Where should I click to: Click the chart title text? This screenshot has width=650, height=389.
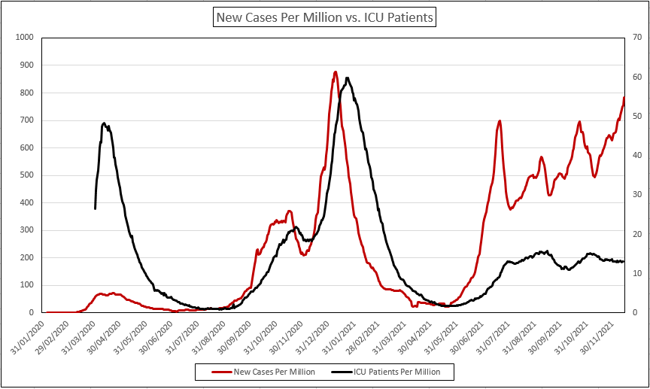[x=324, y=17]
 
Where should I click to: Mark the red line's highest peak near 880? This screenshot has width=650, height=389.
[x=336, y=72]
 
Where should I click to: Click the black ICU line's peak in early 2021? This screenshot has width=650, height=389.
[x=347, y=77]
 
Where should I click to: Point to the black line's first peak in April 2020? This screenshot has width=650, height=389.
[x=104, y=123]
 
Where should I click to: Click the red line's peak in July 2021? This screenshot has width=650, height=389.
[x=500, y=120]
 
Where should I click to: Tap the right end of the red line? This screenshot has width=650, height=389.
[x=624, y=98]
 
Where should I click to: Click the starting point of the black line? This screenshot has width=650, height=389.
[x=95, y=208]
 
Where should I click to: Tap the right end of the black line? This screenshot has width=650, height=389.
[x=624, y=262]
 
